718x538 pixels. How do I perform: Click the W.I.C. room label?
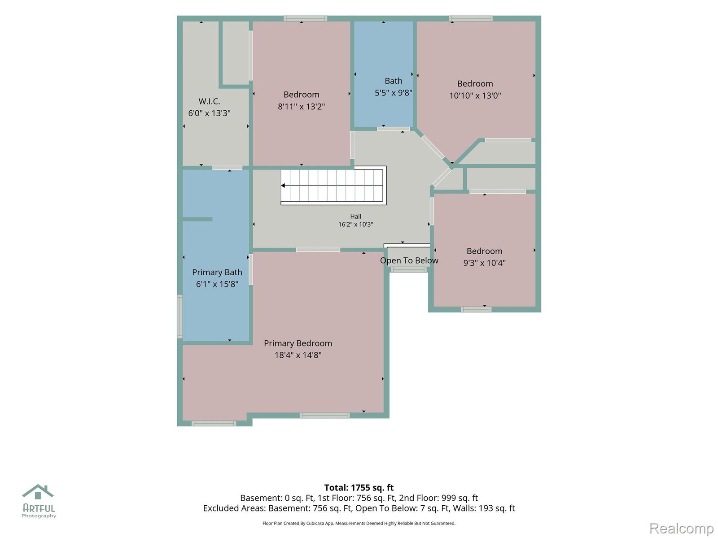point(209,101)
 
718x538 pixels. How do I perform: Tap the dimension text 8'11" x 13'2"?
point(301,107)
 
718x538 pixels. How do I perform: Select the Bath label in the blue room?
point(393,81)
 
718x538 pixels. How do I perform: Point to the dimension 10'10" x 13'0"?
point(475,95)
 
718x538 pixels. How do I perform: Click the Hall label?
point(355,216)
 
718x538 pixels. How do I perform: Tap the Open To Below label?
point(409,260)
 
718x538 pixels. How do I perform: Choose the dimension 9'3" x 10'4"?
point(485,263)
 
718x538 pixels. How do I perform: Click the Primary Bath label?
point(217,273)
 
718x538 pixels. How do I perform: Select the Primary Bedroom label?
point(298,343)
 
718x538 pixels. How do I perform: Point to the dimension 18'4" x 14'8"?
point(298,355)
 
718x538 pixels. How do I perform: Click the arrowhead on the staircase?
point(283,186)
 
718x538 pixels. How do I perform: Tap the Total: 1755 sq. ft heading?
point(359,488)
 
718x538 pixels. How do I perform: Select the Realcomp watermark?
point(681,528)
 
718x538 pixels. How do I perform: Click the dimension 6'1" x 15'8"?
point(217,284)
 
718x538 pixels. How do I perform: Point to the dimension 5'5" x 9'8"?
point(393,93)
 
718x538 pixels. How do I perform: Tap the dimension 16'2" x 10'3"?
point(355,225)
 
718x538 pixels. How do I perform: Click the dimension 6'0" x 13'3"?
point(209,113)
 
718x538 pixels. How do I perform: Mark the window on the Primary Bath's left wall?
point(179,316)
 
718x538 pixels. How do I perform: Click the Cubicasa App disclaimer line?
point(359,523)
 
